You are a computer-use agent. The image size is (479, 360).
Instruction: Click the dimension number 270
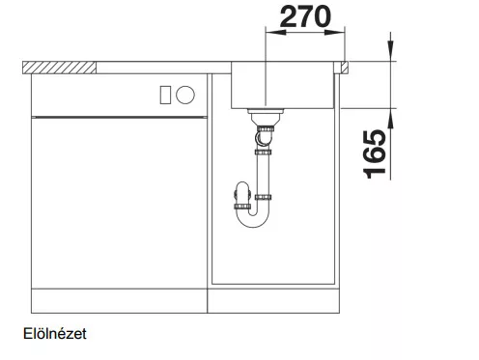tap(305, 16)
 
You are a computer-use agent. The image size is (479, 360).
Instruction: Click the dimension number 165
tap(375, 153)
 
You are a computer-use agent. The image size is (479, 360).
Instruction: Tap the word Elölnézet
tap(55, 334)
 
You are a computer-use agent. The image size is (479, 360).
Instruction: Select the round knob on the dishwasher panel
tap(185, 95)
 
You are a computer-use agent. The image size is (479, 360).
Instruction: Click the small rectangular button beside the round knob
tap(165, 95)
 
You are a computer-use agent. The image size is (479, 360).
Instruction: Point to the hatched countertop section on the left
tap(60, 68)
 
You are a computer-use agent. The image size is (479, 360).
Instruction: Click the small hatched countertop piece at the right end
tap(344, 68)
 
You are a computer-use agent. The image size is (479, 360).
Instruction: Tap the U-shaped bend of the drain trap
tap(253, 222)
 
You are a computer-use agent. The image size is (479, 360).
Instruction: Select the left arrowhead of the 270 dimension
tap(275, 32)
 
